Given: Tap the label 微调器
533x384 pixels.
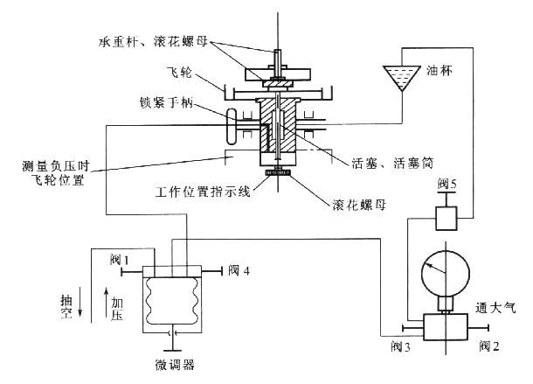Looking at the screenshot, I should pos(171,360).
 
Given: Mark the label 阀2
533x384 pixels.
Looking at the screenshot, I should pos(488,346).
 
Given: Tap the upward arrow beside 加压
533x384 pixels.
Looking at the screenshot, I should pos(106,304).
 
